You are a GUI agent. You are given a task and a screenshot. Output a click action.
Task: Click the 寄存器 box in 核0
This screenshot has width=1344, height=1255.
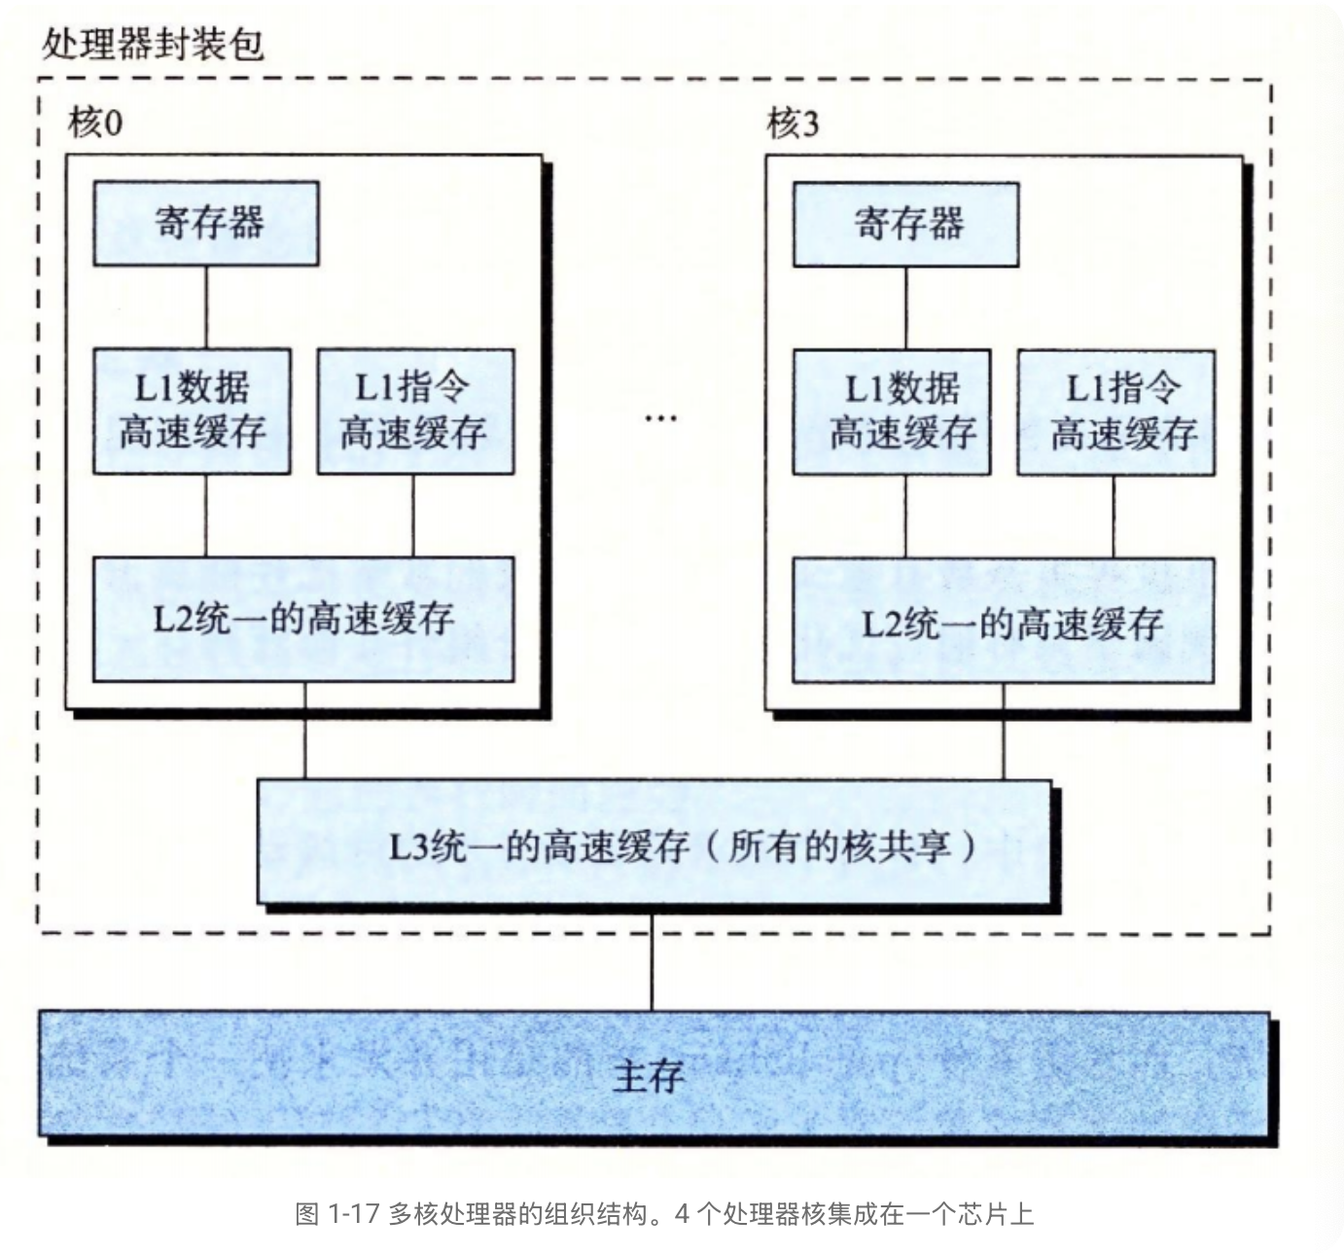205,223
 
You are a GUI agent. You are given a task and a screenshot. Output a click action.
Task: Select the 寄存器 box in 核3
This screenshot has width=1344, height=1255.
905,224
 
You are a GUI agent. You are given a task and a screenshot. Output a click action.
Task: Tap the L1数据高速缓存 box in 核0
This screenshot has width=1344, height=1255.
192,412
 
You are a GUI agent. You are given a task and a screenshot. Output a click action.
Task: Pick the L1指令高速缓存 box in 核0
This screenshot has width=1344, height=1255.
415,412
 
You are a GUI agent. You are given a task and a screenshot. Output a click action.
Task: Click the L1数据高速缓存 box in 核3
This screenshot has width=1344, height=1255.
892,412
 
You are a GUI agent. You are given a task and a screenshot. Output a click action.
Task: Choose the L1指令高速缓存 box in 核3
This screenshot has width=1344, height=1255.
1115,412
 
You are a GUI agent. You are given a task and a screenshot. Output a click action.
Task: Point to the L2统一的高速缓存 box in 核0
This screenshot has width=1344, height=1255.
303,619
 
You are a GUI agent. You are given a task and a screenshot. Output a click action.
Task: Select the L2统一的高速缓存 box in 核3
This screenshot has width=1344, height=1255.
1004,621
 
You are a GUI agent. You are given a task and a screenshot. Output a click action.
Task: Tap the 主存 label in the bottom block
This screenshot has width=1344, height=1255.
650,1076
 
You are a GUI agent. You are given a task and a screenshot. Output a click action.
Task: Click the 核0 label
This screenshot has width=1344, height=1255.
95,124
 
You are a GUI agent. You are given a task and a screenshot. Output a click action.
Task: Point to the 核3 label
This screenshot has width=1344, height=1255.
793,124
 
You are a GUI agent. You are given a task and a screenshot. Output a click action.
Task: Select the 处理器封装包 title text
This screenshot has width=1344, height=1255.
153,45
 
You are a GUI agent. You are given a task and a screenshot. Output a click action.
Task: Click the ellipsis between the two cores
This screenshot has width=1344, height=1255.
660,418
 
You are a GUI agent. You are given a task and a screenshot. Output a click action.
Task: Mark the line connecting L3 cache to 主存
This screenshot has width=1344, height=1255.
652,963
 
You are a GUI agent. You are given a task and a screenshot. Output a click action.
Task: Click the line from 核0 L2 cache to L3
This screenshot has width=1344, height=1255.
305,731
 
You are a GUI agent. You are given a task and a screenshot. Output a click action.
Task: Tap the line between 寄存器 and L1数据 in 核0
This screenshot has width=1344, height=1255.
206,307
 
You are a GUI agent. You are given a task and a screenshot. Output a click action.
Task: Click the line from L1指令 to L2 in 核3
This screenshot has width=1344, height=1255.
1114,517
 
